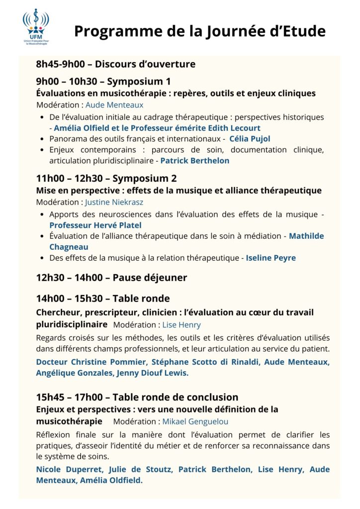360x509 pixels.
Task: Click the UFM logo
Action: pyautogui.click(x=36, y=27)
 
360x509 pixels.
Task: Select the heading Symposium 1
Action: pyautogui.click(x=139, y=82)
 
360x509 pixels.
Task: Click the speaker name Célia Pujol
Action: pyautogui.click(x=250, y=139)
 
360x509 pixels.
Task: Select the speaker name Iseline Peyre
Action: pyautogui.click(x=271, y=258)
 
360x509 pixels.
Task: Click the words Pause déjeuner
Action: pyautogui.click(x=150, y=278)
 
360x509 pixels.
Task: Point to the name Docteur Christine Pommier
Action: pyautogui.click(x=91, y=362)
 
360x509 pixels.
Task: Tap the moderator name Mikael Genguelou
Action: pyautogui.click(x=195, y=421)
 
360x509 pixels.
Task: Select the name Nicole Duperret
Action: pyautogui.click(x=67, y=469)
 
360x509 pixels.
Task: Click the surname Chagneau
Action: pyautogui.click(x=69, y=247)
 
